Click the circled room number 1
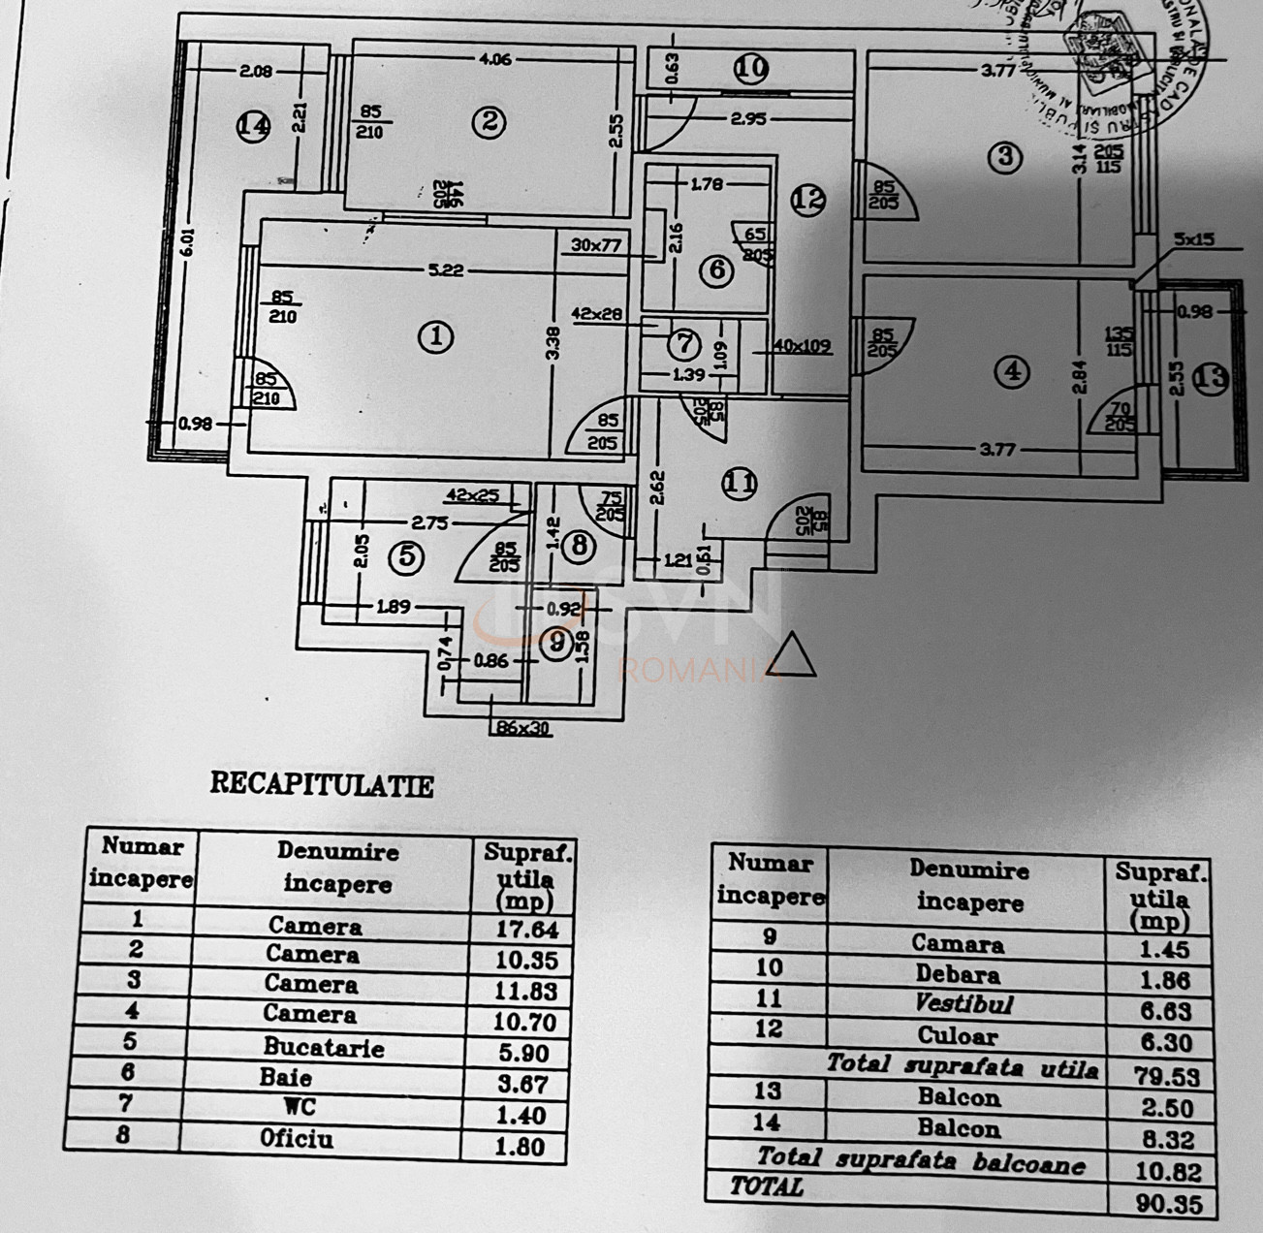click(x=436, y=337)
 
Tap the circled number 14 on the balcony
click(x=253, y=126)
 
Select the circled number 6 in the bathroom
click(x=716, y=269)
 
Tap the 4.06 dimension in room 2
click(x=494, y=59)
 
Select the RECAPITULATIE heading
click(x=322, y=784)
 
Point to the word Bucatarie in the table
click(x=324, y=1048)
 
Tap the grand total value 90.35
click(x=1168, y=1205)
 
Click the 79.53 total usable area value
click(x=1169, y=1077)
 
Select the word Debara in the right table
click(x=958, y=973)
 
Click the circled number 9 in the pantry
click(x=556, y=643)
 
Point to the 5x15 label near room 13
click(x=1194, y=237)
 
